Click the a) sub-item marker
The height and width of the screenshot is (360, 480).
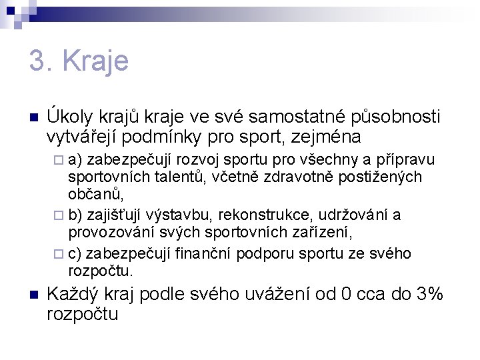[75, 160]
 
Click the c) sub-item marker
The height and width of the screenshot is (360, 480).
[75, 253]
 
